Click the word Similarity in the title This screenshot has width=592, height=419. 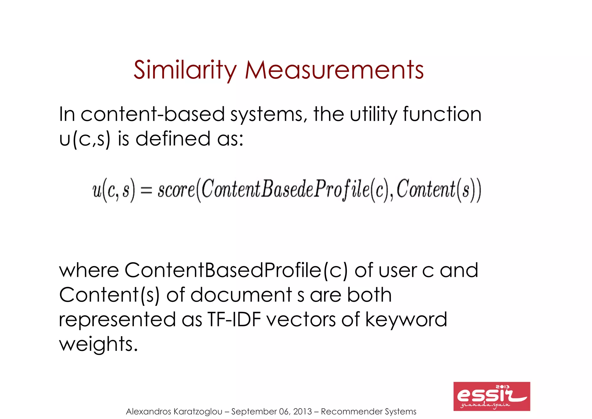point(185,70)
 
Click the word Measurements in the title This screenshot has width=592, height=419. point(334,70)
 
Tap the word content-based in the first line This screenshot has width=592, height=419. point(152,114)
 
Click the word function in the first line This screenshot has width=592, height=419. point(442,114)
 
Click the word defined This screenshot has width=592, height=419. point(173,138)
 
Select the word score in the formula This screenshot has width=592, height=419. point(176,190)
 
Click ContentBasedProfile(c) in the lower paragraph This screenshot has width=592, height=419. point(236,270)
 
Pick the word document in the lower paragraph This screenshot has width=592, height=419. point(241,295)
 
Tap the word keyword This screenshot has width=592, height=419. point(406,320)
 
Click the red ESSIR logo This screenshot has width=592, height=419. point(491,396)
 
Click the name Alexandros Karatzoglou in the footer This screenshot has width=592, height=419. point(174,411)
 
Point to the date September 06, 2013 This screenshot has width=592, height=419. point(271,411)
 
